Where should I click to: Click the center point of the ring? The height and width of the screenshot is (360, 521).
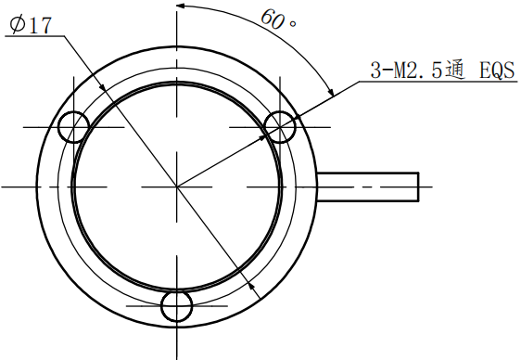tap(176, 186)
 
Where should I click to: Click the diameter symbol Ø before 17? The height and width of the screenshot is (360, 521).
tap(13, 26)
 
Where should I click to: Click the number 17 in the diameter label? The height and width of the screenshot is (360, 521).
tap(38, 26)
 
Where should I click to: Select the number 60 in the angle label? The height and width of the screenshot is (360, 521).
tap(272, 18)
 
